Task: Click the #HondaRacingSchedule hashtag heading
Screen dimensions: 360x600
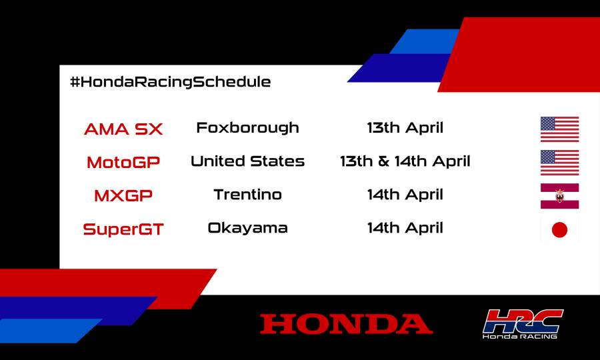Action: tap(170, 82)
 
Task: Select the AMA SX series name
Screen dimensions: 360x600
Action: tap(123, 129)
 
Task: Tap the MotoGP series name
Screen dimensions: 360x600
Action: tap(123, 162)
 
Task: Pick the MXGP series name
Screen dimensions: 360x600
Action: tap(123, 196)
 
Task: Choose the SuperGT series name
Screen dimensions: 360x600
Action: tap(123, 229)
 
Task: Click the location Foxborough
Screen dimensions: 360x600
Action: tap(247, 127)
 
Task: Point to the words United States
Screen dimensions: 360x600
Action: tap(247, 161)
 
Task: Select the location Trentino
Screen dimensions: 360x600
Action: tap(247, 195)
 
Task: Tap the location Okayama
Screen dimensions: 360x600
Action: tap(247, 228)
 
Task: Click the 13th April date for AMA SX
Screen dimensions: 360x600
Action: tap(405, 127)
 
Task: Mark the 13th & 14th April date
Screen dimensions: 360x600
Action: tap(405, 161)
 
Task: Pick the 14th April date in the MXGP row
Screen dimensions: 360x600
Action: tap(405, 195)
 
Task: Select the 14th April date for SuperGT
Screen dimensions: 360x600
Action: tap(405, 228)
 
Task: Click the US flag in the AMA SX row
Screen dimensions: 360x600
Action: tap(559, 129)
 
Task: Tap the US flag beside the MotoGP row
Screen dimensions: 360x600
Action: tap(559, 163)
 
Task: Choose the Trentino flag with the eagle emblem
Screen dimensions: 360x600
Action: tap(559, 196)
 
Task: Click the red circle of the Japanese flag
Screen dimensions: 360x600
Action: tap(559, 230)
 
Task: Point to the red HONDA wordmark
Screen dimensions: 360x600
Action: tap(346, 324)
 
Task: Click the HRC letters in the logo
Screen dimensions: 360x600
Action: tap(523, 320)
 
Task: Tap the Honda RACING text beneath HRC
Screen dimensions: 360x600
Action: tap(520, 336)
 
